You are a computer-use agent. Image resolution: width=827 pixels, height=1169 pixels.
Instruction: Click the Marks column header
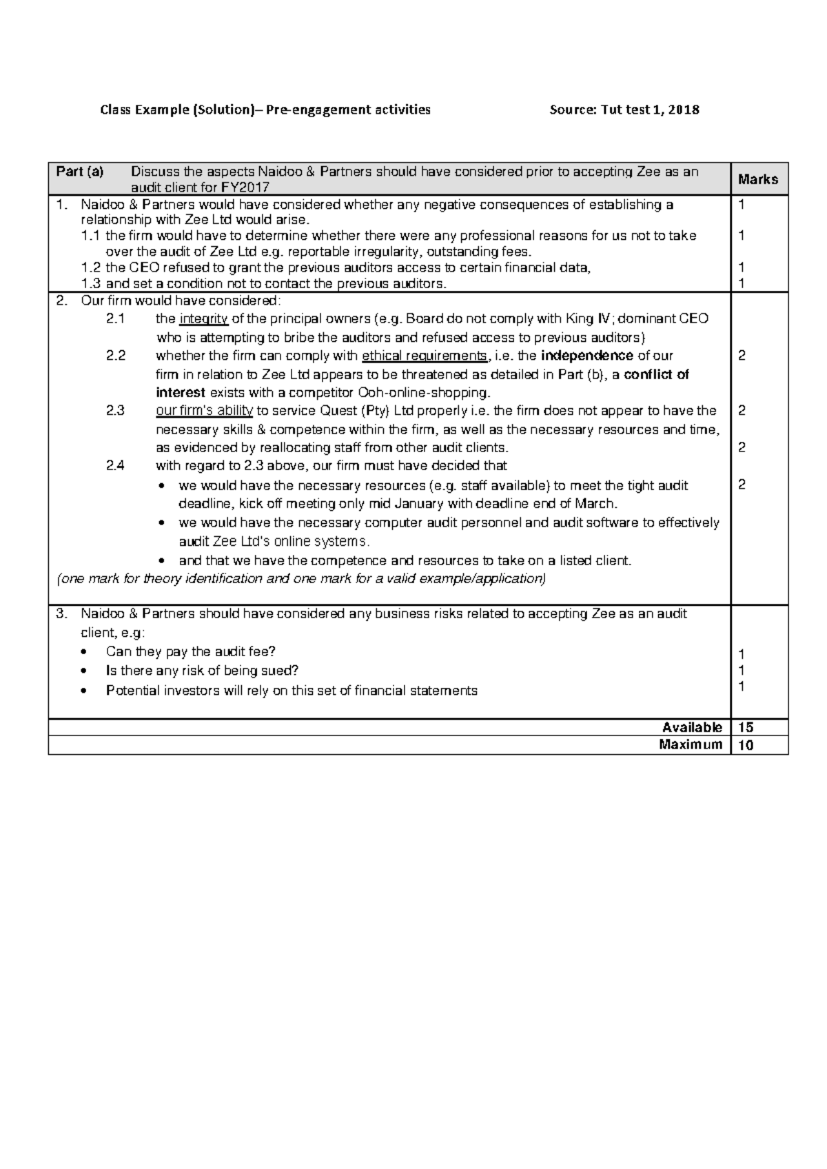pyautogui.click(x=757, y=179)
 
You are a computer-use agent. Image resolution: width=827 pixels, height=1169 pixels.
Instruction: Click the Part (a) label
pyautogui.click(x=80, y=172)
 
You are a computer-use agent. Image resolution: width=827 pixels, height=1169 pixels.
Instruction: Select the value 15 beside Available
pyautogui.click(x=745, y=727)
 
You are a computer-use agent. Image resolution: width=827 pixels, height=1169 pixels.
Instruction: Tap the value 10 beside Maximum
pyautogui.click(x=745, y=744)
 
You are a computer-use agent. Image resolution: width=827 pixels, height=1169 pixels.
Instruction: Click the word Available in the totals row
pyautogui.click(x=692, y=727)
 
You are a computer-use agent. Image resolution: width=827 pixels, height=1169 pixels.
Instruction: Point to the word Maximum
pyautogui.click(x=691, y=744)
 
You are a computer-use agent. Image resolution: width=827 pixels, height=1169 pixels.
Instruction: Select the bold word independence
pyautogui.click(x=587, y=356)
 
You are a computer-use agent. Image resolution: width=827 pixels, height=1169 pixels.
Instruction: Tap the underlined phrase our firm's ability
pyautogui.click(x=204, y=411)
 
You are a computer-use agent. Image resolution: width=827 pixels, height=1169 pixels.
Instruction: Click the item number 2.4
pyautogui.click(x=116, y=465)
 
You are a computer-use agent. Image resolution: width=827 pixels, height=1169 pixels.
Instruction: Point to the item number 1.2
pyautogui.click(x=90, y=268)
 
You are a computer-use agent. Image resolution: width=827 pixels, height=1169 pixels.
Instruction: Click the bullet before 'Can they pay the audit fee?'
pyautogui.click(x=84, y=652)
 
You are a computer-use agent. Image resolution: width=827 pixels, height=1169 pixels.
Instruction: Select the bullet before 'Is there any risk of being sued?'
pyautogui.click(x=84, y=671)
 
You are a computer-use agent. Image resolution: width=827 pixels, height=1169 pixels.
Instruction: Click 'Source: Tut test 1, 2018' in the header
pyautogui.click(x=624, y=110)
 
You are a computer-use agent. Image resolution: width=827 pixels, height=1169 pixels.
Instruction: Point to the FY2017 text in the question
pyautogui.click(x=245, y=187)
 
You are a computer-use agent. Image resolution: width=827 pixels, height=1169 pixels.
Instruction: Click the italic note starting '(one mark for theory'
pyautogui.click(x=300, y=579)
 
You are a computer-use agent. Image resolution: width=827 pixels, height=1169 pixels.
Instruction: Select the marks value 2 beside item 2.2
pyautogui.click(x=742, y=356)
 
